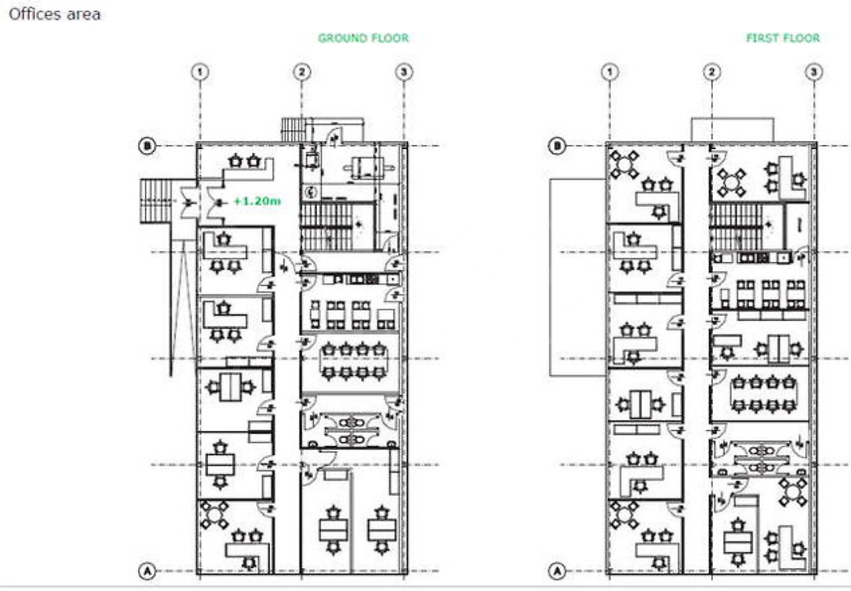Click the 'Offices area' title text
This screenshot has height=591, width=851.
[x=54, y=14]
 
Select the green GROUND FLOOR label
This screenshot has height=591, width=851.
[x=363, y=38]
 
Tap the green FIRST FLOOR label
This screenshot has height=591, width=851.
[x=783, y=38]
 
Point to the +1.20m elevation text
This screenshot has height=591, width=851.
[x=258, y=200]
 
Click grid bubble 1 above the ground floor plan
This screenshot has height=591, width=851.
[x=200, y=72]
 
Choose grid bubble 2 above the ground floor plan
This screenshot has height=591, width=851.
[x=302, y=72]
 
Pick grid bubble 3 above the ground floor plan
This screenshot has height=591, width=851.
[x=404, y=72]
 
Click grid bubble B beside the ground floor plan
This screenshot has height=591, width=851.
[x=147, y=145]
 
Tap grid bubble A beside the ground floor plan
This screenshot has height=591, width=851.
[x=147, y=571]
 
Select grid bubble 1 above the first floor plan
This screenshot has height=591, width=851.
[x=610, y=72]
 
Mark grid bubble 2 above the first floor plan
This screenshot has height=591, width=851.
[x=711, y=72]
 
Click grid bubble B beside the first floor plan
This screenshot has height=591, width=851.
[x=557, y=145]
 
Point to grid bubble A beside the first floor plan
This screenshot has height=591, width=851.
[x=557, y=571]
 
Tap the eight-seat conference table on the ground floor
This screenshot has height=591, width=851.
[x=353, y=361]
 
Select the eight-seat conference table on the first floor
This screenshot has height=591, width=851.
[x=763, y=394]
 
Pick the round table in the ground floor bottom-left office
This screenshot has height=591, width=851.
[x=214, y=515]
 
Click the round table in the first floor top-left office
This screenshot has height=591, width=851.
[x=624, y=165]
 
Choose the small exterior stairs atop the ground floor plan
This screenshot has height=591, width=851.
[x=294, y=129]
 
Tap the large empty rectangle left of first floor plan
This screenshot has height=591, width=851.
[x=578, y=278]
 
